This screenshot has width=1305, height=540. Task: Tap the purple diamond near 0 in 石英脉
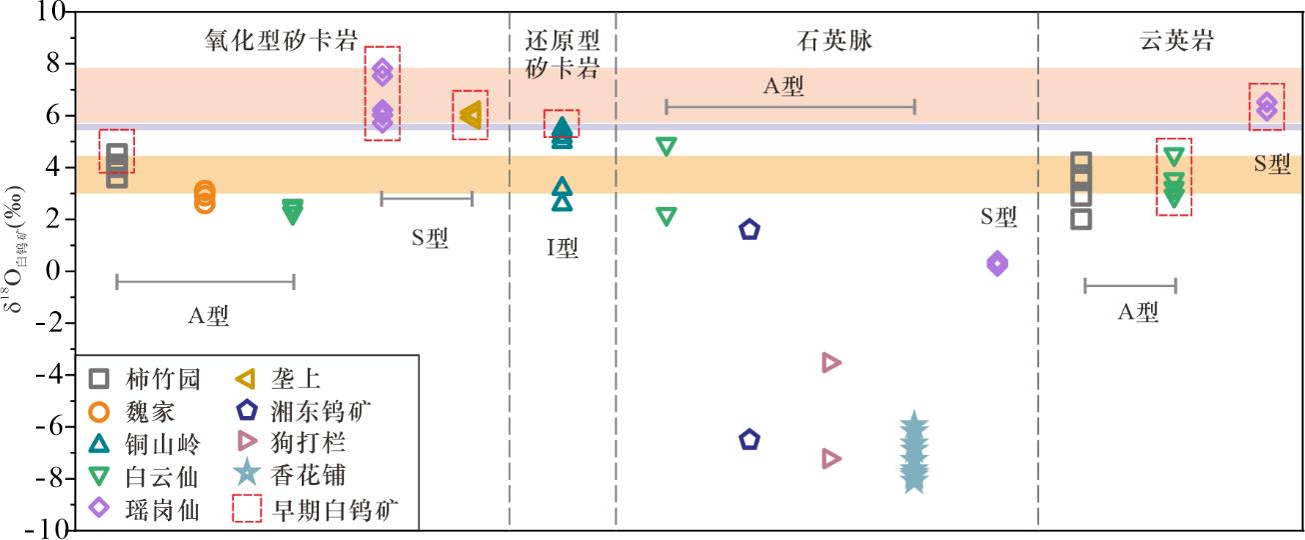click(x=996, y=264)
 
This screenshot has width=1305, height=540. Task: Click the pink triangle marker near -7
click(x=830, y=458)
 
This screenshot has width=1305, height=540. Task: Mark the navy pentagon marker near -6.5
click(x=749, y=439)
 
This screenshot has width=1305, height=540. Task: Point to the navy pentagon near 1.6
click(x=749, y=229)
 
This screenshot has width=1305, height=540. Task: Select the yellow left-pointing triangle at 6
click(x=471, y=116)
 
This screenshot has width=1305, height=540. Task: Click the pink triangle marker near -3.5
click(x=830, y=362)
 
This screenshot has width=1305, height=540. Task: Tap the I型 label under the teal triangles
click(x=563, y=247)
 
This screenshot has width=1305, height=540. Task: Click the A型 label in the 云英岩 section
click(x=1138, y=313)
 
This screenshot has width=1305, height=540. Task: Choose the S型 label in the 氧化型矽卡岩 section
click(x=430, y=238)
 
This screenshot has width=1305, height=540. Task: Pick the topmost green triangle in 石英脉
click(x=666, y=146)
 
